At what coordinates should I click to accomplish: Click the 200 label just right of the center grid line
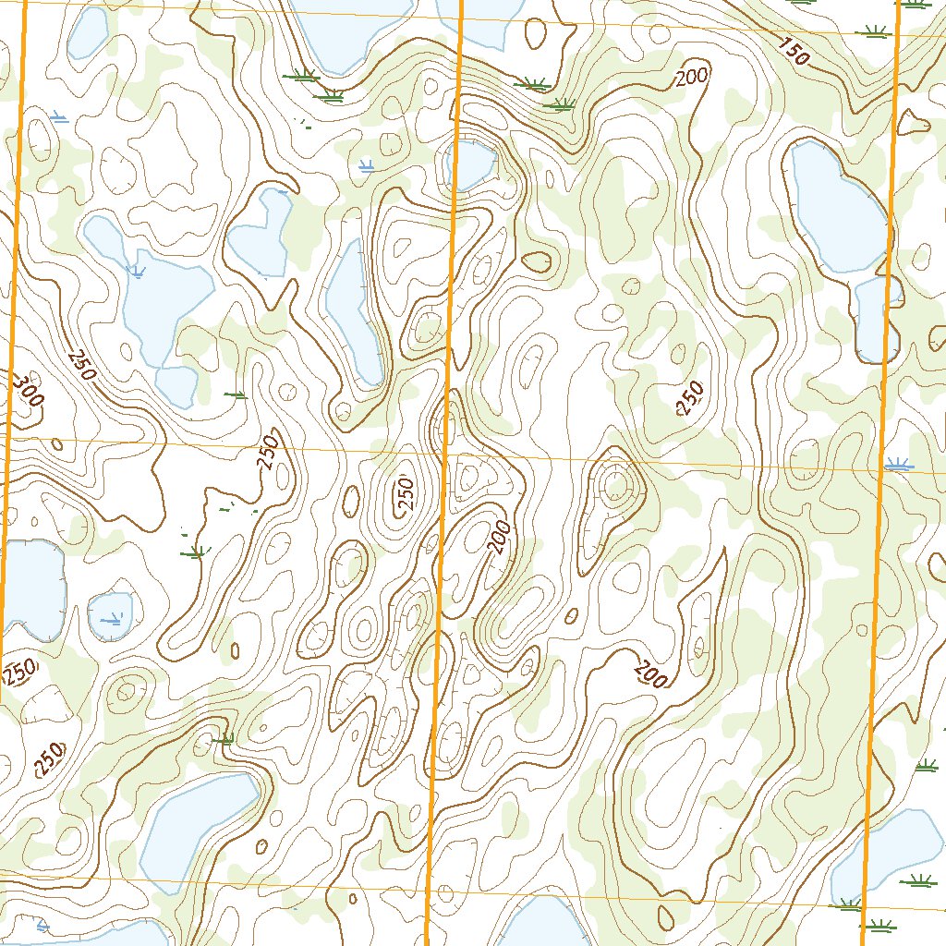[x=500, y=536]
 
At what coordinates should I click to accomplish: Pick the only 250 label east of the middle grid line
[x=691, y=399]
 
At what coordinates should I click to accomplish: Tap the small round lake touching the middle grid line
[x=470, y=164]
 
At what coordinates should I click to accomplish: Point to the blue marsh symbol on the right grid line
[x=896, y=465]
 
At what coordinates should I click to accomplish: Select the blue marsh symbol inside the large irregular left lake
[x=137, y=271]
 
